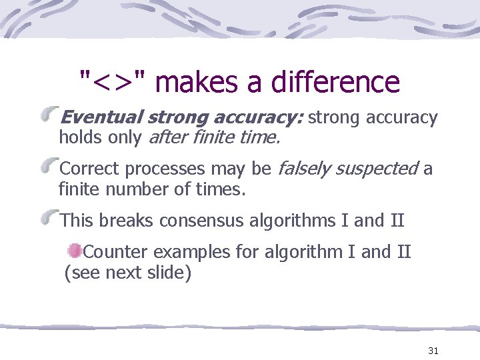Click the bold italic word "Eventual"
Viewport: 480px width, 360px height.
click(101, 118)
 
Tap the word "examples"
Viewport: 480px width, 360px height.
click(189, 253)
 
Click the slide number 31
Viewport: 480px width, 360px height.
click(433, 351)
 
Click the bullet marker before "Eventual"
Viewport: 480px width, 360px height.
click(50, 117)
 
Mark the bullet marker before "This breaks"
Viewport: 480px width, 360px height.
click(50, 219)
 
